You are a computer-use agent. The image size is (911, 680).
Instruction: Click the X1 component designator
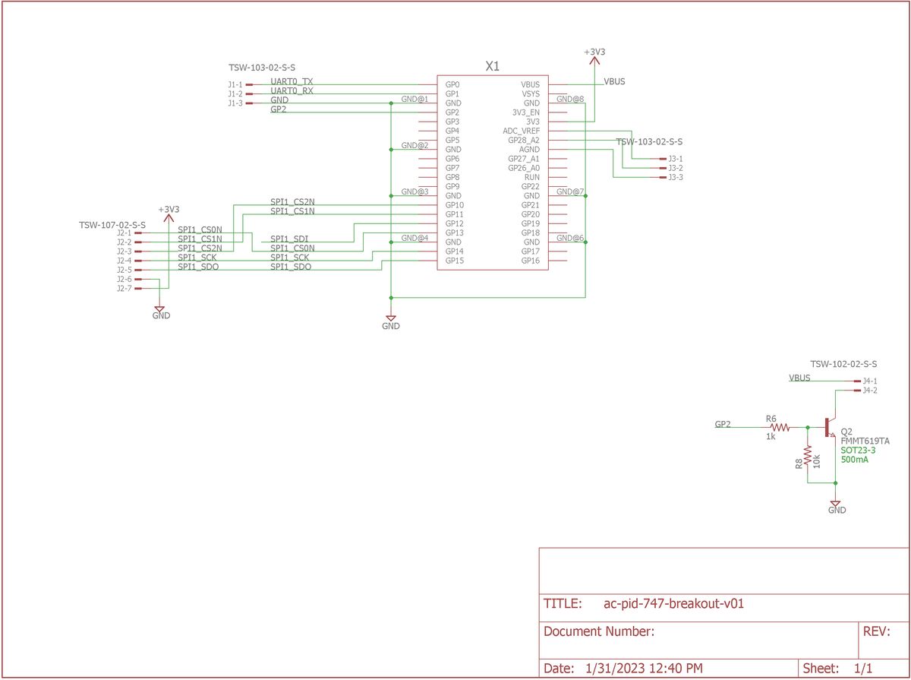tap(492, 67)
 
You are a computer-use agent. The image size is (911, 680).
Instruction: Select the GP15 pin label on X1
tap(454, 261)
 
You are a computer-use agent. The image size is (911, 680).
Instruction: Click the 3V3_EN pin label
tap(525, 112)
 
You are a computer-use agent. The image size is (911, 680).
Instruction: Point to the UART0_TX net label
tap(292, 81)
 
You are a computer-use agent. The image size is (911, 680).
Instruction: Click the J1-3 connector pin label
tap(235, 103)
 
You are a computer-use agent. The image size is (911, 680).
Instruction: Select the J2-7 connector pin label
tap(124, 289)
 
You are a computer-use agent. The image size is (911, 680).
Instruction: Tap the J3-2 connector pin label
tap(675, 168)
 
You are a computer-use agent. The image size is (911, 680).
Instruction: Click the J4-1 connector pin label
tap(870, 381)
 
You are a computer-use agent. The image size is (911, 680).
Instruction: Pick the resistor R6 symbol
tap(782, 428)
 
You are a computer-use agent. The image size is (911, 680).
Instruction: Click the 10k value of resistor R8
tap(817, 461)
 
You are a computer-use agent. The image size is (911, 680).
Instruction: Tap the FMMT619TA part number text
tap(865, 441)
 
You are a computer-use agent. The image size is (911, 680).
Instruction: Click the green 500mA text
tap(855, 460)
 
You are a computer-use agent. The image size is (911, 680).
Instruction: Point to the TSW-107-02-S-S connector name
tap(112, 225)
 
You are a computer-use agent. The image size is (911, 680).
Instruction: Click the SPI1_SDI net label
tap(289, 239)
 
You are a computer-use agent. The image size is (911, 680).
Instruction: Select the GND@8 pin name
tap(569, 99)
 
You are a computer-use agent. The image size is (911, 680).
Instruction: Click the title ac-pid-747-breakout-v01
tap(673, 604)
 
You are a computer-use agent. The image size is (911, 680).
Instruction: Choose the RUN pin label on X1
tap(532, 177)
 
